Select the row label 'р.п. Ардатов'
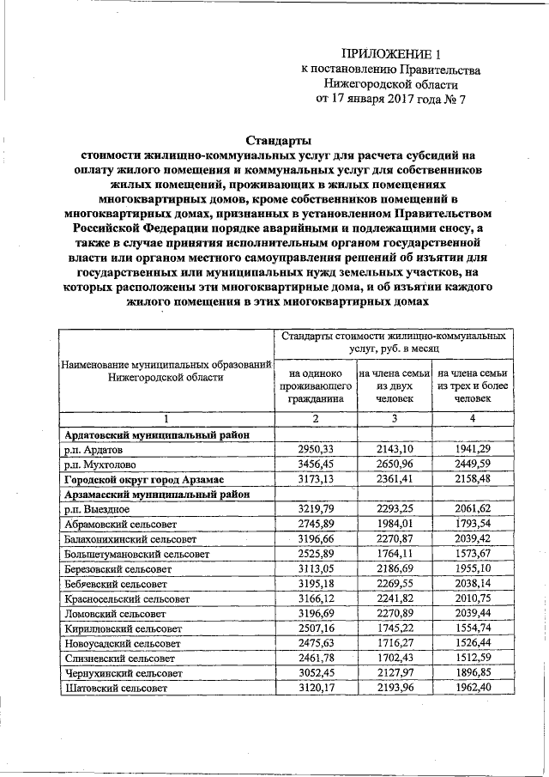coord(94,449)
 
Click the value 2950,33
coord(316,449)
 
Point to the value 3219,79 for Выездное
coord(316,509)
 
